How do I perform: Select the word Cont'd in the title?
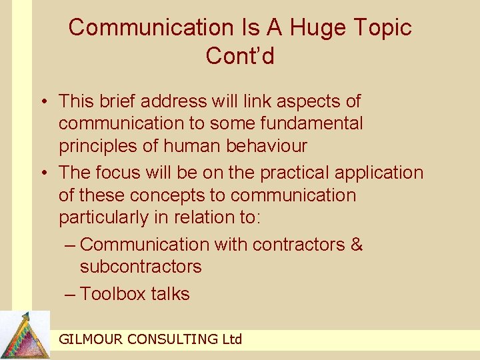click(x=240, y=56)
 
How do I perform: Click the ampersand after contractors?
click(x=357, y=244)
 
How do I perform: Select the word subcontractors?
click(x=140, y=267)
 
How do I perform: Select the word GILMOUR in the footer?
click(x=91, y=339)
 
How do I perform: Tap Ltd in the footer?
click(x=231, y=339)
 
